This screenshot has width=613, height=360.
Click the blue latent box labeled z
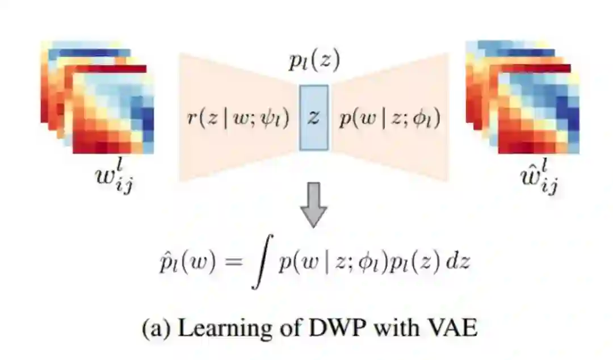click(x=313, y=117)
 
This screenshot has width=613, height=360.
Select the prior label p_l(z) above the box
click(x=313, y=62)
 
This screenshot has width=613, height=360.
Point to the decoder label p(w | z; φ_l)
click(x=389, y=118)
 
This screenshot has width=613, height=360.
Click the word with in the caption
click(x=396, y=328)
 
